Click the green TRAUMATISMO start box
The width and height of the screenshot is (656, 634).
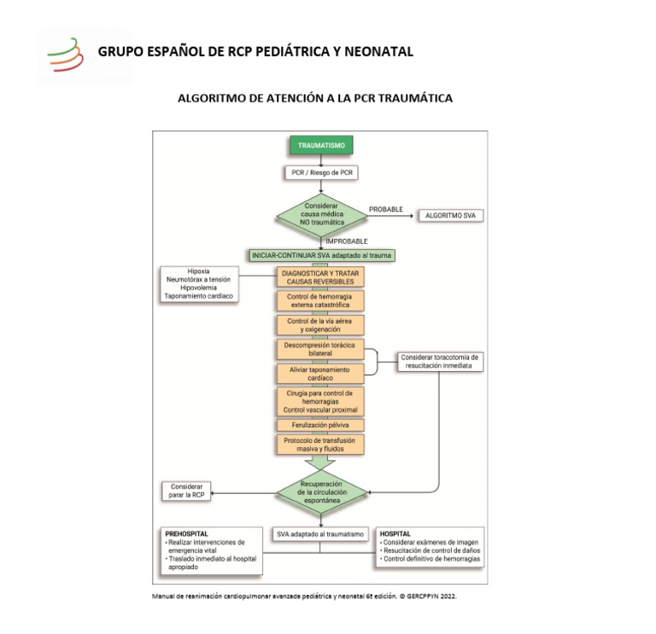click(x=321, y=146)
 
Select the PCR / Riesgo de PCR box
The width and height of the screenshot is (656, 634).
click(x=320, y=172)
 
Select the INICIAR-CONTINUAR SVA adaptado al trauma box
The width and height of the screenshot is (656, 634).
click(x=322, y=255)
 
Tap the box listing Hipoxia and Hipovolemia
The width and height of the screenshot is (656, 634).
click(x=198, y=284)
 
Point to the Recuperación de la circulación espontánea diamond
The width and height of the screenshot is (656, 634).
click(x=320, y=492)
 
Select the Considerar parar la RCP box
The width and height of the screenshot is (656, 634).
click(x=185, y=491)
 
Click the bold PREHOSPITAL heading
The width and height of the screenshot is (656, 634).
click(x=187, y=533)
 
